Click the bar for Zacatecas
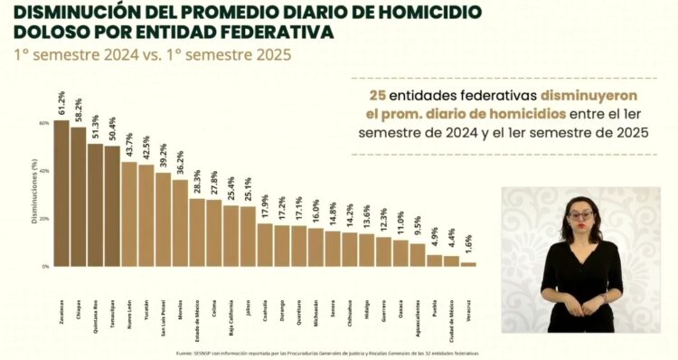61,194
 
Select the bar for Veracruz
468,264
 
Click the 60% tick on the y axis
42,122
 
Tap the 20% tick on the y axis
42,219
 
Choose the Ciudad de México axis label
451,295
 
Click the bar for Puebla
435,261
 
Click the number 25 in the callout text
376,95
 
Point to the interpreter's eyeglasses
581,215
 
